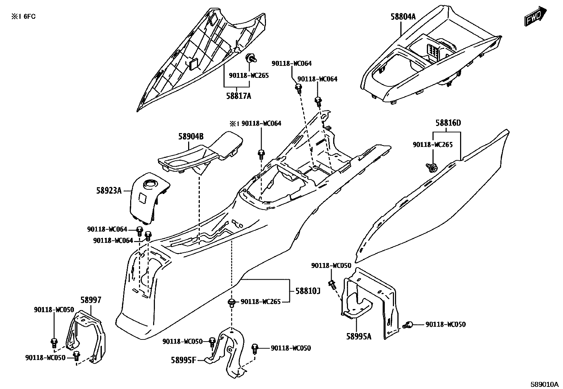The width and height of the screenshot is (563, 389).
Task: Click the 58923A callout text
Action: pos(109,191)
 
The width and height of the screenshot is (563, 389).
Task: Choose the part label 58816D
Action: pos(448,123)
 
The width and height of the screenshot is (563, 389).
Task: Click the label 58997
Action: pos(91,300)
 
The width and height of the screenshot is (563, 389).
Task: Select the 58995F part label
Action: pos(183,360)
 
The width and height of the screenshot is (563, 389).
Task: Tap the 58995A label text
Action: pos(359,336)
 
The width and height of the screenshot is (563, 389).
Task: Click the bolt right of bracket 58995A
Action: pos(409,324)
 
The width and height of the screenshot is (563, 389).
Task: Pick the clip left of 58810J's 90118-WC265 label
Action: pos(232,303)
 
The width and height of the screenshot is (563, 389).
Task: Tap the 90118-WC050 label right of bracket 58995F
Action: pos(291,348)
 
